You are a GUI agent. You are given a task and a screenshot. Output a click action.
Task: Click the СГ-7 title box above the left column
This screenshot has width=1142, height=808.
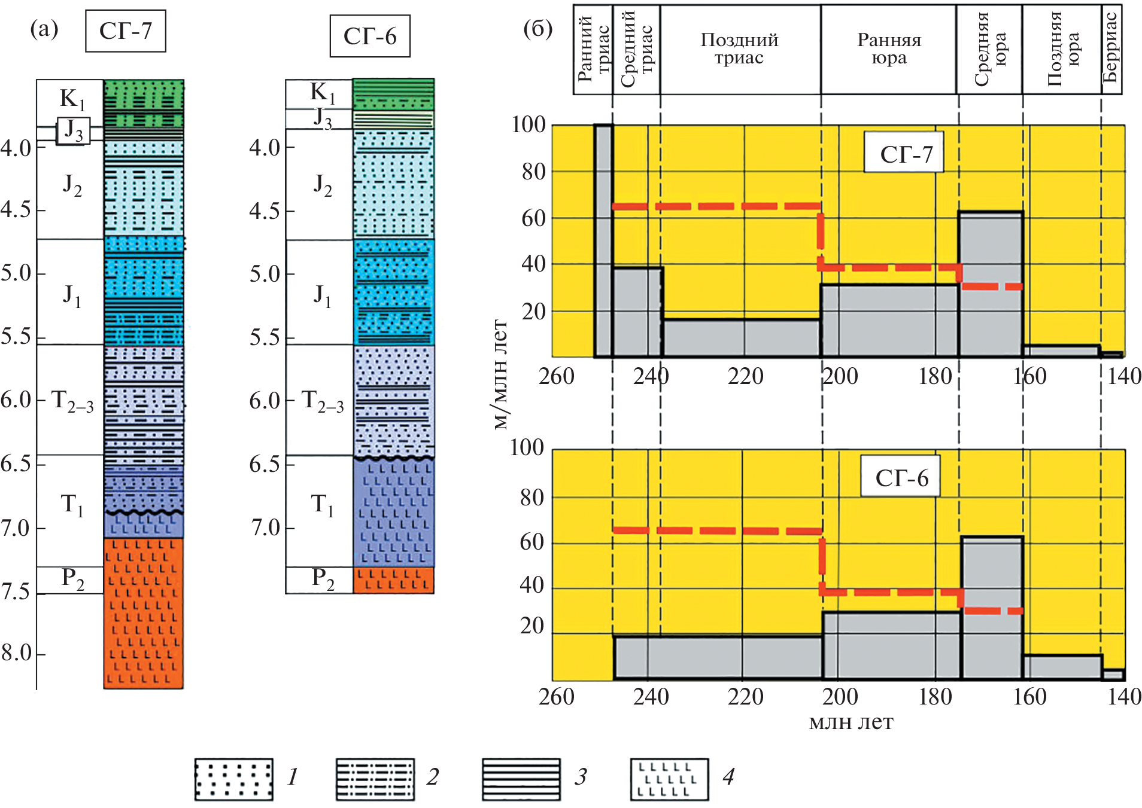[125, 31]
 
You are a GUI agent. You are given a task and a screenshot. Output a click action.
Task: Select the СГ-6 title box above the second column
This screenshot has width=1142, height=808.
[369, 36]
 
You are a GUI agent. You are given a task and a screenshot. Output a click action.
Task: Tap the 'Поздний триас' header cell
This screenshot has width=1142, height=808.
[740, 49]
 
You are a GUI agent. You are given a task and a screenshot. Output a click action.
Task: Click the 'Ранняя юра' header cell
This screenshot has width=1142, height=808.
[888, 49]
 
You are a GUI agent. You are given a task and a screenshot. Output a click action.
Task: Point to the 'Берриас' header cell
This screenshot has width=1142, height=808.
[1111, 49]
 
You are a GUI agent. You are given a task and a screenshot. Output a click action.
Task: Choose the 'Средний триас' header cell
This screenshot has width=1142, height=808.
[636, 49]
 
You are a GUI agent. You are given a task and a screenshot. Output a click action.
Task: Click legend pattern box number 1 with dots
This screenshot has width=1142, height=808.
[233, 779]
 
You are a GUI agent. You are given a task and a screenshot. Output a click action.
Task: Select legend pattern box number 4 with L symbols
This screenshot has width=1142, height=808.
[669, 779]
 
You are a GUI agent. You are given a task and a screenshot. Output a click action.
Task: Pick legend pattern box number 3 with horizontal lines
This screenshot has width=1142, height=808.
[521, 779]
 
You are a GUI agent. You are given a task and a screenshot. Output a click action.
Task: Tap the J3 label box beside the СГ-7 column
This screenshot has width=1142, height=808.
[73, 131]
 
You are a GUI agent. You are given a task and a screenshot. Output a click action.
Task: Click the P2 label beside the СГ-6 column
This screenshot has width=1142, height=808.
[323, 580]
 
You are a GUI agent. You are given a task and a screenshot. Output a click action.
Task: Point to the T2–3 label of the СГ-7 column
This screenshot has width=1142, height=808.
[72, 401]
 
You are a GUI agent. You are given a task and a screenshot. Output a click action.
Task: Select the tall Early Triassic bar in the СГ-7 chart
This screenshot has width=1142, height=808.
[603, 240]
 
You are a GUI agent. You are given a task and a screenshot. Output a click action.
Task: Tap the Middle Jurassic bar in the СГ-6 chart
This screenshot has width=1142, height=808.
[992, 607]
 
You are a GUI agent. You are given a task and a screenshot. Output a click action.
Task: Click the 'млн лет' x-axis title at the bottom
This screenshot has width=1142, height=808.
[851, 722]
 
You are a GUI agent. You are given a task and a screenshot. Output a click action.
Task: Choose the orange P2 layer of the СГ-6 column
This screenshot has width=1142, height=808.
[393, 580]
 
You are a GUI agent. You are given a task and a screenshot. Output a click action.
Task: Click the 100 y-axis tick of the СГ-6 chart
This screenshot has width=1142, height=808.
[527, 448]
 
